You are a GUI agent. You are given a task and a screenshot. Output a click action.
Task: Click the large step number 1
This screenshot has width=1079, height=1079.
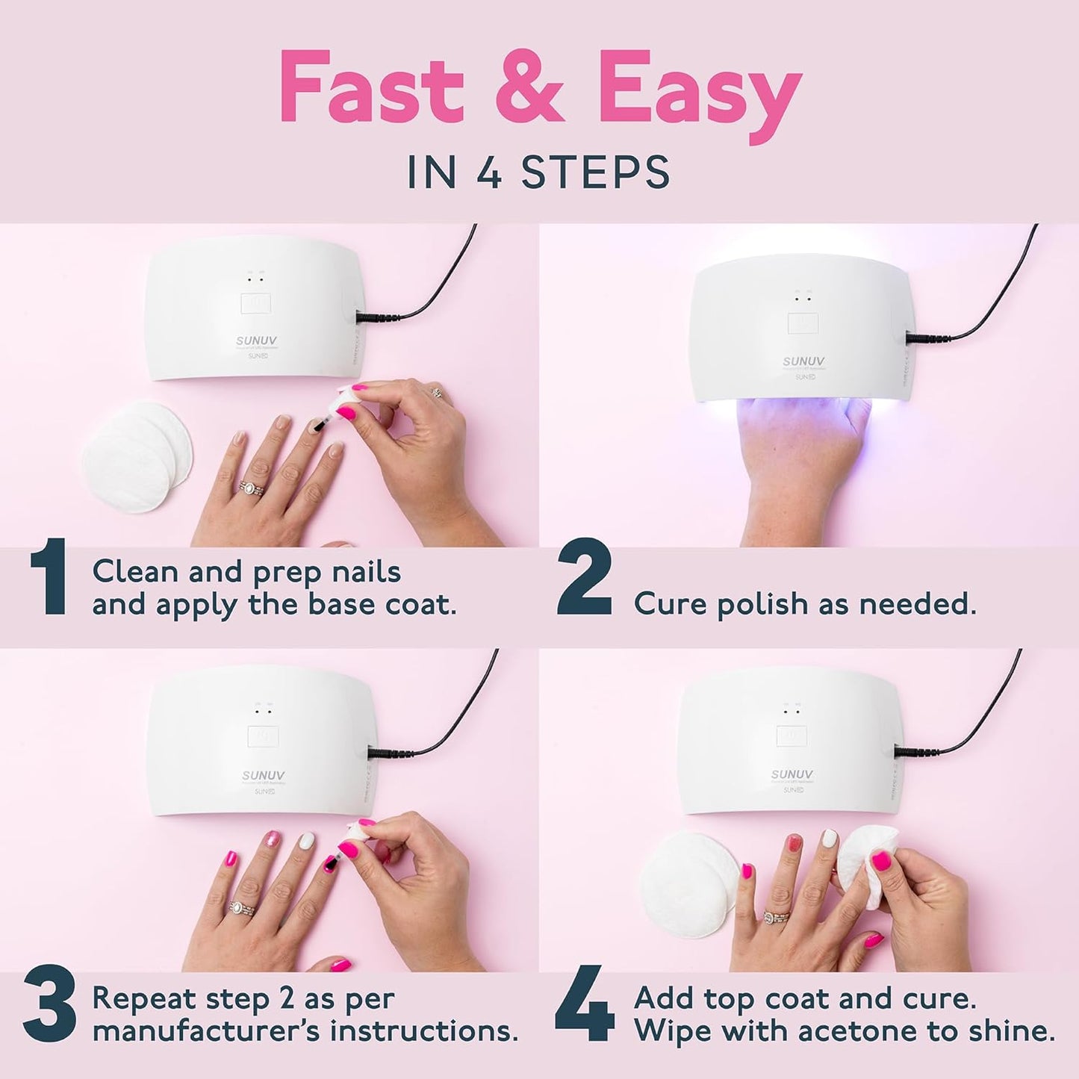(49, 579)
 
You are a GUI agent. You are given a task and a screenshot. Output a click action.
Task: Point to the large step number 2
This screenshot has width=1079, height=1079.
(584, 579)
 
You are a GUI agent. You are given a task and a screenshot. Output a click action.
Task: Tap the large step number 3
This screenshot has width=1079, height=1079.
(49, 1004)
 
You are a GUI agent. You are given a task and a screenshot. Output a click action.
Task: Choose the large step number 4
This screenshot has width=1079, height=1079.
(585, 1004)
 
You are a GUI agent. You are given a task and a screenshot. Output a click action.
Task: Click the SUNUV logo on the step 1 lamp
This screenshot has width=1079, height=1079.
(256, 341)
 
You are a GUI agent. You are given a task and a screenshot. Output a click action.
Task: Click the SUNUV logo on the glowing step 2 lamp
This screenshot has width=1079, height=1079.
(803, 361)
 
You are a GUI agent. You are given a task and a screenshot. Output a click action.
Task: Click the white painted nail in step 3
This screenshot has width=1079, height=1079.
(307, 840)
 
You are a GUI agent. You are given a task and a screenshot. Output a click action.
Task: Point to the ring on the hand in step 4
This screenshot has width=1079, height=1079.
(773, 916)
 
